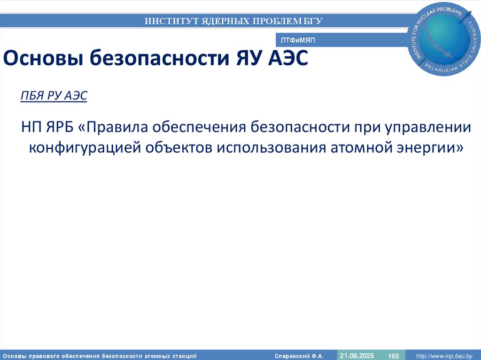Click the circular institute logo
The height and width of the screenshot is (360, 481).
445,38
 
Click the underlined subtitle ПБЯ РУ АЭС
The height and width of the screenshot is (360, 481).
54,96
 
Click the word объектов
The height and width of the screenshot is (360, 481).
176,147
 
